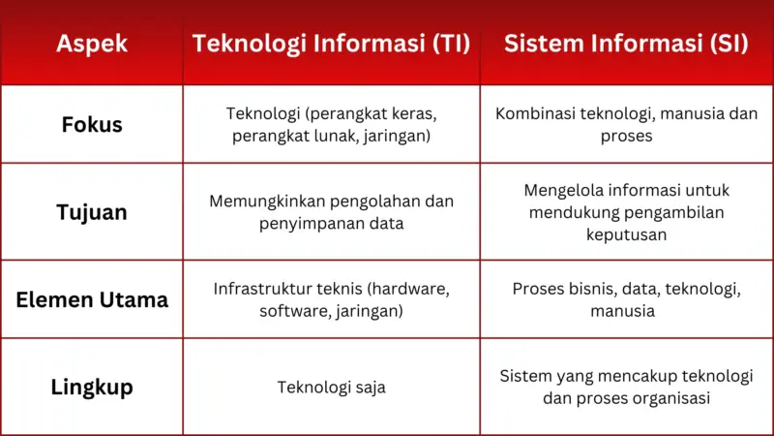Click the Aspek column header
pyautogui.click(x=91, y=45)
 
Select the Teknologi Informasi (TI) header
pyautogui.click(x=331, y=45)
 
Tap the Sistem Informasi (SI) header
pyautogui.click(x=626, y=45)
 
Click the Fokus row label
pyautogui.click(x=91, y=125)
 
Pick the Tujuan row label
pyautogui.click(x=91, y=212)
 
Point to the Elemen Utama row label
pyautogui.click(x=91, y=299)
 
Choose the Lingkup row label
pyautogui.click(x=91, y=388)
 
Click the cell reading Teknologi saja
pyautogui.click(x=331, y=388)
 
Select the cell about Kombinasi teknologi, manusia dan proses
pyautogui.click(x=626, y=125)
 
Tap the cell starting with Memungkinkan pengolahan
pyautogui.click(x=331, y=212)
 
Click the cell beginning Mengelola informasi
pyautogui.click(x=626, y=212)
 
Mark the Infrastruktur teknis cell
pyautogui.click(x=331, y=299)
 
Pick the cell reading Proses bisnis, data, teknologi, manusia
pyautogui.click(x=626, y=299)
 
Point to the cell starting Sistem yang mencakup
pyautogui.click(x=626, y=388)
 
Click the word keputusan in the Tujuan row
pyautogui.click(x=626, y=234)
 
